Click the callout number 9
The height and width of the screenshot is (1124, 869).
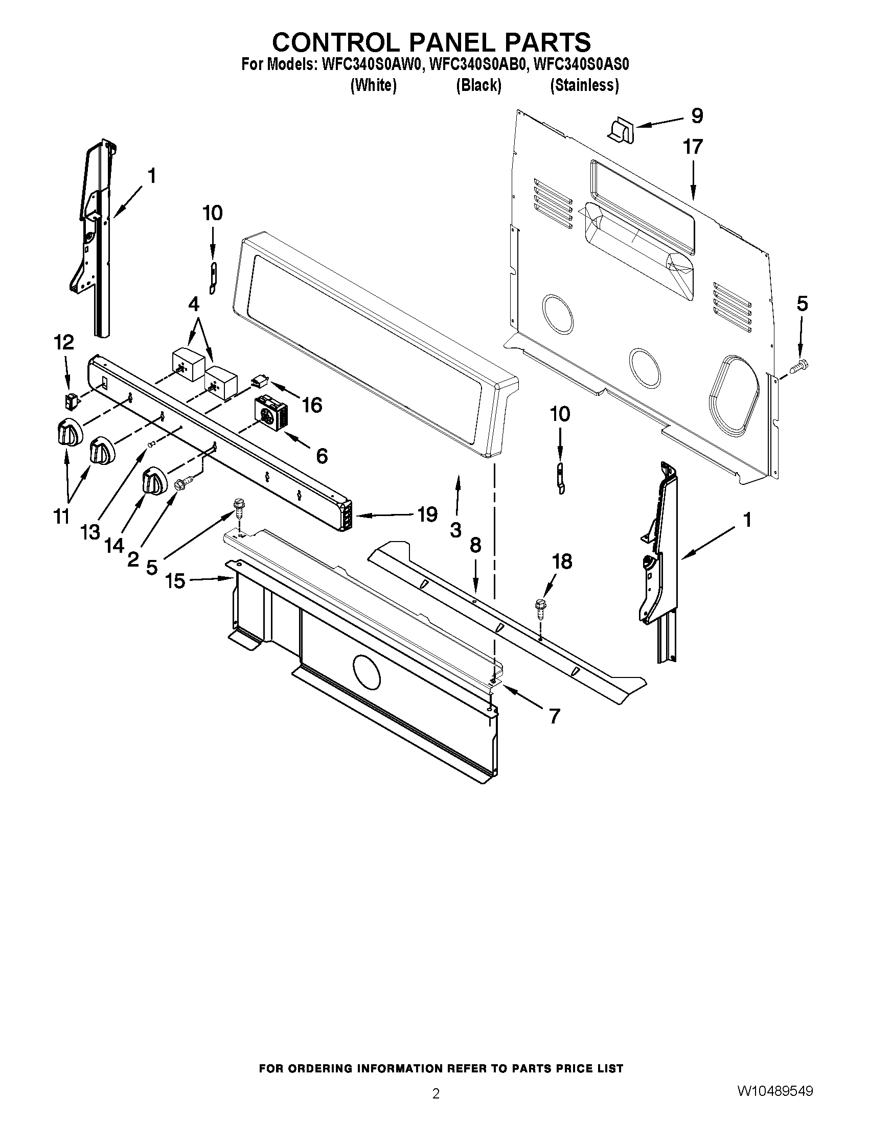[x=697, y=116]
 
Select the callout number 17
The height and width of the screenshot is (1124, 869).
[x=693, y=147]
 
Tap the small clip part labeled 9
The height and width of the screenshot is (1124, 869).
[x=622, y=129]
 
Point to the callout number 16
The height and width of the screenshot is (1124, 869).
[x=311, y=405]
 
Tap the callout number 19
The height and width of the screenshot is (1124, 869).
[x=427, y=514]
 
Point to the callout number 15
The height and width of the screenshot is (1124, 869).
[x=175, y=581]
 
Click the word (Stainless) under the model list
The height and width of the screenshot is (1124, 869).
[x=584, y=85]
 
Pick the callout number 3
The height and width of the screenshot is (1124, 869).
[x=455, y=530]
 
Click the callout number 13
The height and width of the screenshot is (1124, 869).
[x=90, y=532]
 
